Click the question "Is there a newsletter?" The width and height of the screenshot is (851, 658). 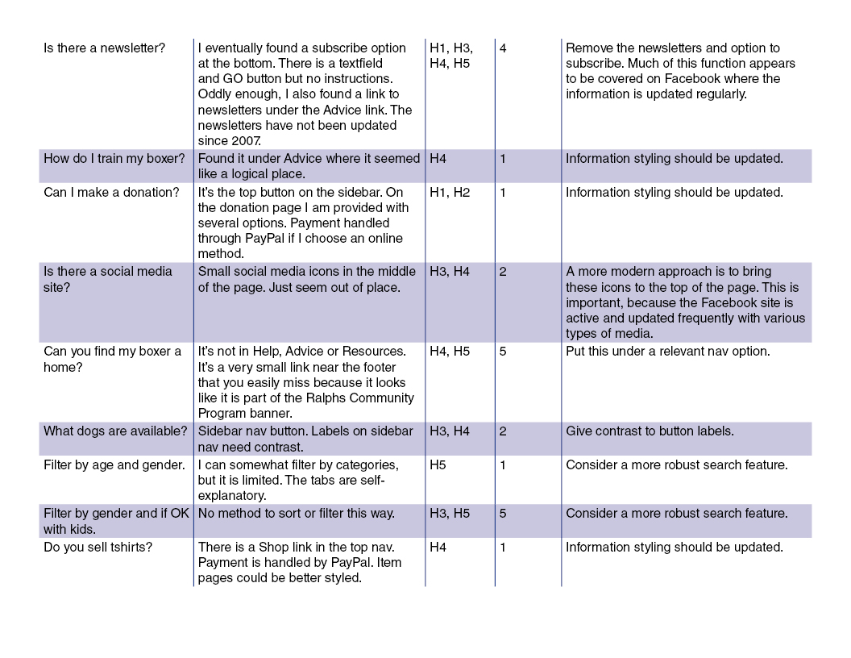[104, 48]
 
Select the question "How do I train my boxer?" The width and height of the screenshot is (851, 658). [114, 159]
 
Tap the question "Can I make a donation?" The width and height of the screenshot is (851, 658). [111, 193]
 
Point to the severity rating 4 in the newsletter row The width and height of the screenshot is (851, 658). [503, 48]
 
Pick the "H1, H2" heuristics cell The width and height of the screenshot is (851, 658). [450, 193]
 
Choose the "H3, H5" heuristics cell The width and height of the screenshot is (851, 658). [450, 514]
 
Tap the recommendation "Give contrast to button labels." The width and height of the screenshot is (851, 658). [650, 431]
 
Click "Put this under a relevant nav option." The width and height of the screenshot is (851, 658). [667, 352]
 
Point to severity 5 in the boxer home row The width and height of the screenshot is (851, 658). [503, 352]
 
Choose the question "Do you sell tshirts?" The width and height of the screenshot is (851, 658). [98, 548]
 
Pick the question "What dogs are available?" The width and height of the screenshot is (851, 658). [115, 431]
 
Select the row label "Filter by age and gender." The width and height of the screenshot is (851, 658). [114, 465]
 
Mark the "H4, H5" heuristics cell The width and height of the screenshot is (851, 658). [450, 352]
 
